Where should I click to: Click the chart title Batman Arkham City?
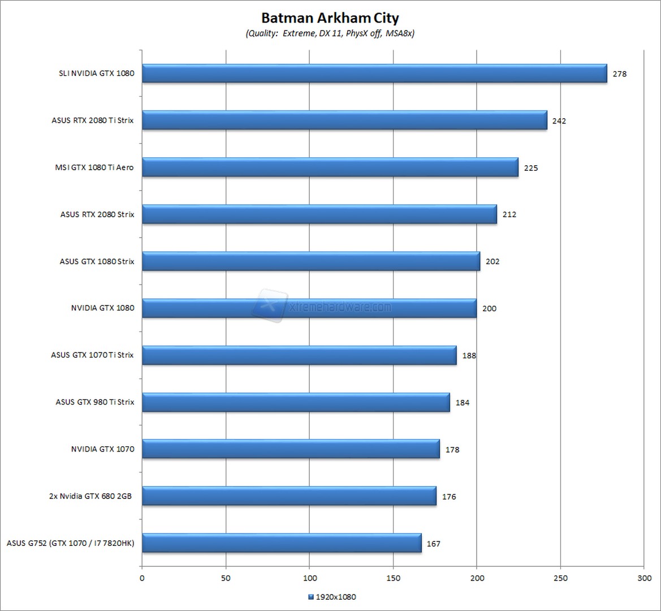pyautogui.click(x=330, y=18)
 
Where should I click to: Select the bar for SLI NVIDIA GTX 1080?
pyautogui.click(x=374, y=74)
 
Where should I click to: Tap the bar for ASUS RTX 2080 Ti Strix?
pyautogui.click(x=344, y=121)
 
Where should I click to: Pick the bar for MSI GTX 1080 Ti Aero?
pyautogui.click(x=330, y=167)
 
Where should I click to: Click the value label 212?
pyautogui.click(x=509, y=214)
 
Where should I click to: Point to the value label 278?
pyautogui.click(x=620, y=74)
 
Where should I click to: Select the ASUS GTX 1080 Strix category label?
pyautogui.click(x=97, y=261)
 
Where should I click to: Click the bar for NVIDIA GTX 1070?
pyautogui.click(x=291, y=449)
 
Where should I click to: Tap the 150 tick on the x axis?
pyautogui.click(x=394, y=578)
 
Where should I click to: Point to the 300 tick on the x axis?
pyautogui.click(x=644, y=578)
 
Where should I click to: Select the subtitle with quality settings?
pyautogui.click(x=330, y=33)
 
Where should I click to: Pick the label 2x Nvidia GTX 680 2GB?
pyautogui.click(x=90, y=496)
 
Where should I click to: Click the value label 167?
pyautogui.click(x=434, y=544)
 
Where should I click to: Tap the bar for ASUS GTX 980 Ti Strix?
pyautogui.click(x=296, y=402)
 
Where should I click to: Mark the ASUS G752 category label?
pyautogui.click(x=71, y=543)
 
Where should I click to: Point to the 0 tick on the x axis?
pyautogui.click(x=142, y=578)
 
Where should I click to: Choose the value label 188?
pyautogui.click(x=469, y=355)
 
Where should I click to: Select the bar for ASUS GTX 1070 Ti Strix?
pyautogui.click(x=299, y=355)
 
